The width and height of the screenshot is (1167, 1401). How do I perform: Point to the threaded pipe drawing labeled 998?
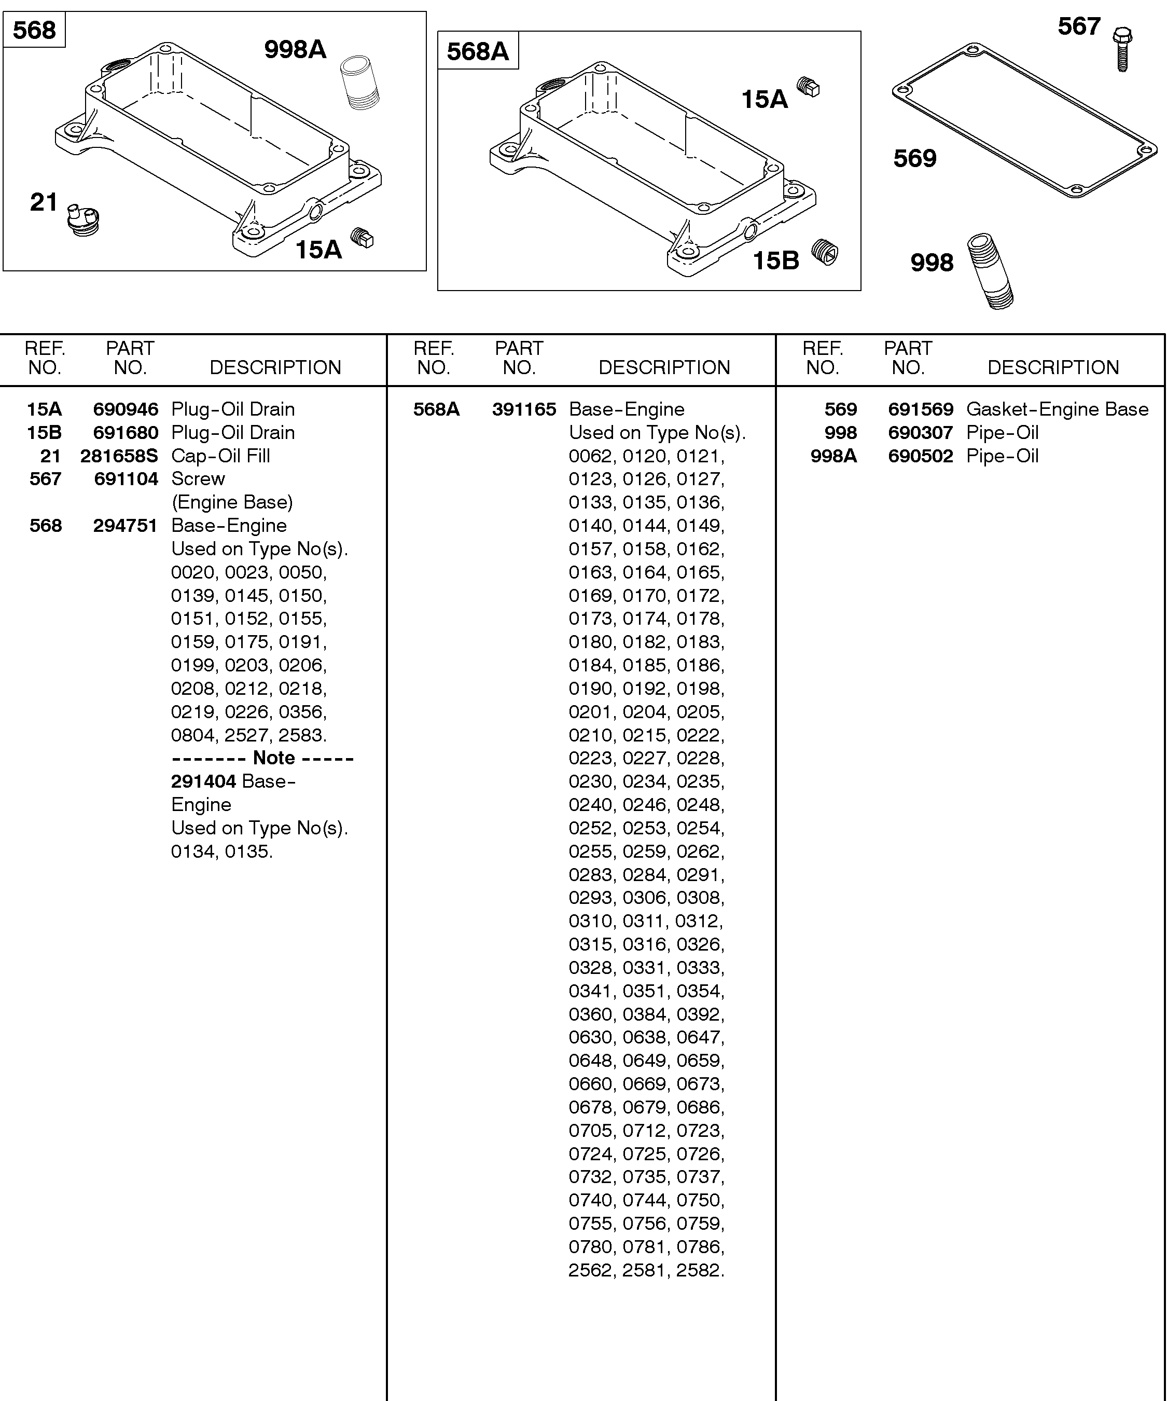click(x=991, y=270)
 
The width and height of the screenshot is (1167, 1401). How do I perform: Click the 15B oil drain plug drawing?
click(x=825, y=252)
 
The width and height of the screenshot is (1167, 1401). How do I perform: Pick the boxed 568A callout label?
click(x=478, y=51)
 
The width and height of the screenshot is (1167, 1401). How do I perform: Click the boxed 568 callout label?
click(x=35, y=30)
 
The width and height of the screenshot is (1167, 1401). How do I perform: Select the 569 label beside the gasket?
click(x=915, y=159)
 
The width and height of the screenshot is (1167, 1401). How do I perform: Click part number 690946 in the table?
click(x=126, y=409)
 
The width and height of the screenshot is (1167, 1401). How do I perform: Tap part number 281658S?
click(x=119, y=456)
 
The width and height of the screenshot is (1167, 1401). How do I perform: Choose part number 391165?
click(x=523, y=409)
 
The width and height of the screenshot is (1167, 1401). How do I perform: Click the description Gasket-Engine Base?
click(x=1057, y=409)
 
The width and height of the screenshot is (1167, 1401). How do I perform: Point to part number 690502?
click(x=920, y=456)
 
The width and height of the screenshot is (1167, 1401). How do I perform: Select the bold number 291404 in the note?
click(x=203, y=781)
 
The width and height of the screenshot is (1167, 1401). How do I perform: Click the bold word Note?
click(x=273, y=758)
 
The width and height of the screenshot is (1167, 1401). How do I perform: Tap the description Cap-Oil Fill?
click(x=221, y=456)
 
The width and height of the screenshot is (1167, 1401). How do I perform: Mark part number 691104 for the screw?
click(x=126, y=479)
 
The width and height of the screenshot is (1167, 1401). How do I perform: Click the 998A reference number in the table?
click(x=833, y=456)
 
